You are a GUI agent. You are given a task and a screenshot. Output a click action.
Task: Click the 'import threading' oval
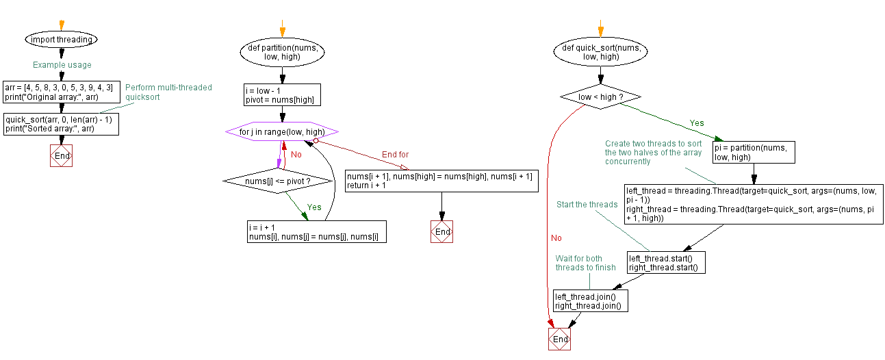(61, 40)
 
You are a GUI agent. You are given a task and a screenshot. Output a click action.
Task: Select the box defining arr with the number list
(60, 92)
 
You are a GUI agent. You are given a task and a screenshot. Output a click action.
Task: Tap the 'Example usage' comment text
(62, 65)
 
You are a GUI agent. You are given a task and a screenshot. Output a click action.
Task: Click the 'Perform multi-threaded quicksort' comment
(168, 92)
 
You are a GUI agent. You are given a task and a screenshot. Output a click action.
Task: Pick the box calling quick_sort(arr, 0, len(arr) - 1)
(60, 124)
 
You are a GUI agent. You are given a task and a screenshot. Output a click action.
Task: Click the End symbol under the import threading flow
(62, 155)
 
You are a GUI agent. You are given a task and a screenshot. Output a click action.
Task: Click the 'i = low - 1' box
(282, 95)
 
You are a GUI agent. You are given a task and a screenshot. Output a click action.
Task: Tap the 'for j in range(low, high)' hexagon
(282, 131)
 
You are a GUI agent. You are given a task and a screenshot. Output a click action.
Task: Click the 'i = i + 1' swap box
(317, 231)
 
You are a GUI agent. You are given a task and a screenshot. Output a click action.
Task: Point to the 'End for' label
(395, 155)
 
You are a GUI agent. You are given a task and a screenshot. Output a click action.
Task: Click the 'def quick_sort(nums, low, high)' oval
(600, 53)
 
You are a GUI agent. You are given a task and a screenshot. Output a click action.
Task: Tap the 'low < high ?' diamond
(600, 97)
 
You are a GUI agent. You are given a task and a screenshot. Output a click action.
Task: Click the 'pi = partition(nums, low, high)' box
(754, 152)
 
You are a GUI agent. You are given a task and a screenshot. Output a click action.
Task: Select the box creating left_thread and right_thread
(753, 204)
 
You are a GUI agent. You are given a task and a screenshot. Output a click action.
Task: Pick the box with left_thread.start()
(665, 263)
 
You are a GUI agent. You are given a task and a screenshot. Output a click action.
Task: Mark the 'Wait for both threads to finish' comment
(585, 263)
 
